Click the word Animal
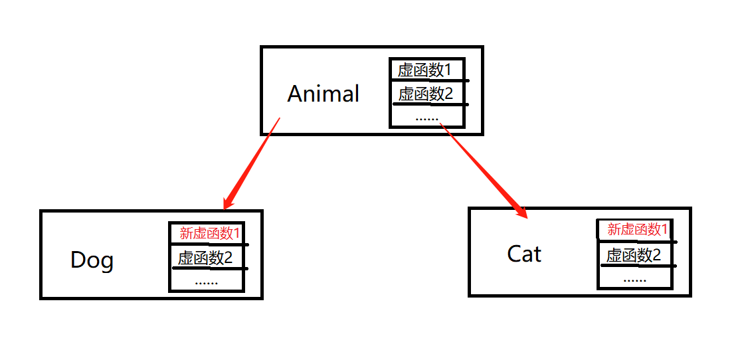323,94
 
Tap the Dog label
92,260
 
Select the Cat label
524,253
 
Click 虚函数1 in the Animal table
424,70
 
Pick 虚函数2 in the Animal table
425,94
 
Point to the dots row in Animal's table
426,118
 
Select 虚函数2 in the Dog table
205,258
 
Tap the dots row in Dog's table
207,281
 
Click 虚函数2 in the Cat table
633,255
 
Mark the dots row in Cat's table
635,278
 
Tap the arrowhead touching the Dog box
231,201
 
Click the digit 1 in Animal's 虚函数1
447,70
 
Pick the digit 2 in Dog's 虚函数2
229,258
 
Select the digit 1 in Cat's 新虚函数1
664,230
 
